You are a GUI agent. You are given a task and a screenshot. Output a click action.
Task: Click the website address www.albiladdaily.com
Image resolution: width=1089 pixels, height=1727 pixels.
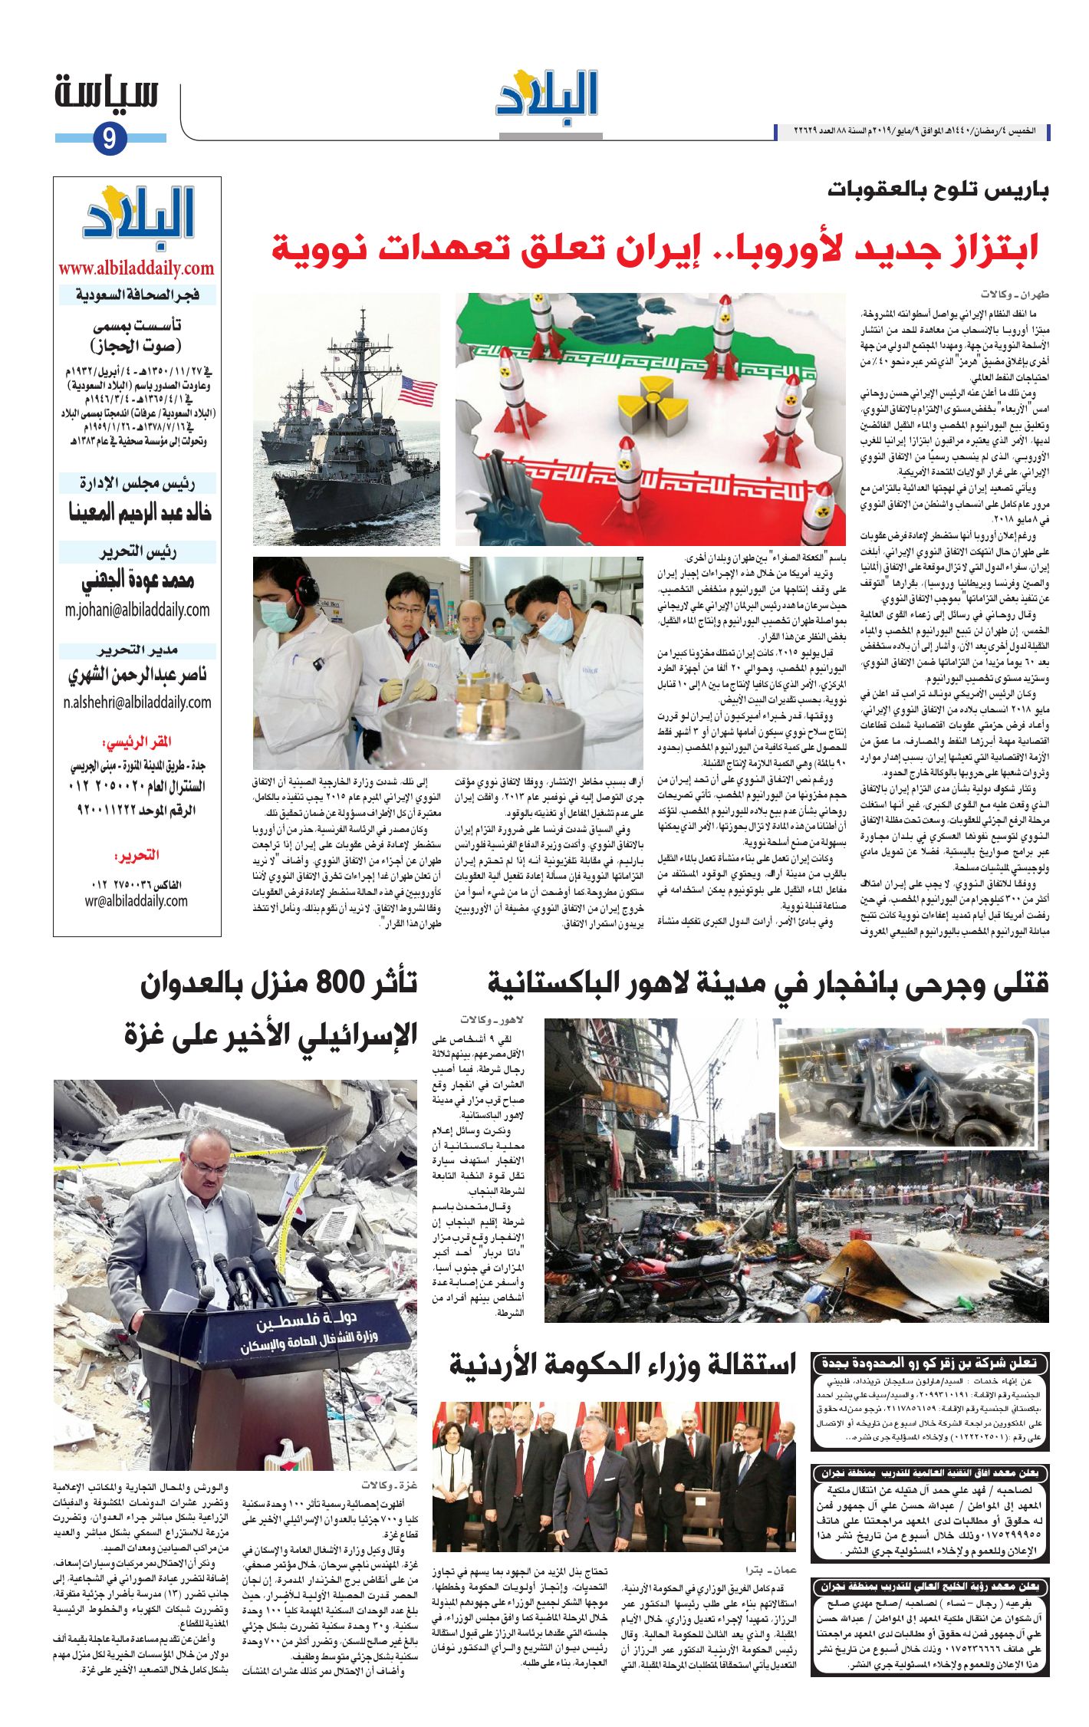(137, 268)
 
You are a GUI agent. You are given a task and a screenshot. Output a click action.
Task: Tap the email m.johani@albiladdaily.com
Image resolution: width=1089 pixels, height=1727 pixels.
(137, 610)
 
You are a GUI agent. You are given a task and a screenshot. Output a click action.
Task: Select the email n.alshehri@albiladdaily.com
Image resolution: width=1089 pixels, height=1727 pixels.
(137, 702)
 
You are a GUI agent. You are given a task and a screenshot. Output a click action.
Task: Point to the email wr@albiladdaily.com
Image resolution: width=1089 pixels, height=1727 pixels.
(137, 900)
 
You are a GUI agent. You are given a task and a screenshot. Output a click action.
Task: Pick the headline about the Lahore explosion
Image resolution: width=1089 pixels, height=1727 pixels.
(768, 984)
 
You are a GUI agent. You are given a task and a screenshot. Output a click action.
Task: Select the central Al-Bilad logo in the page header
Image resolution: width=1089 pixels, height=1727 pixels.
(547, 95)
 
